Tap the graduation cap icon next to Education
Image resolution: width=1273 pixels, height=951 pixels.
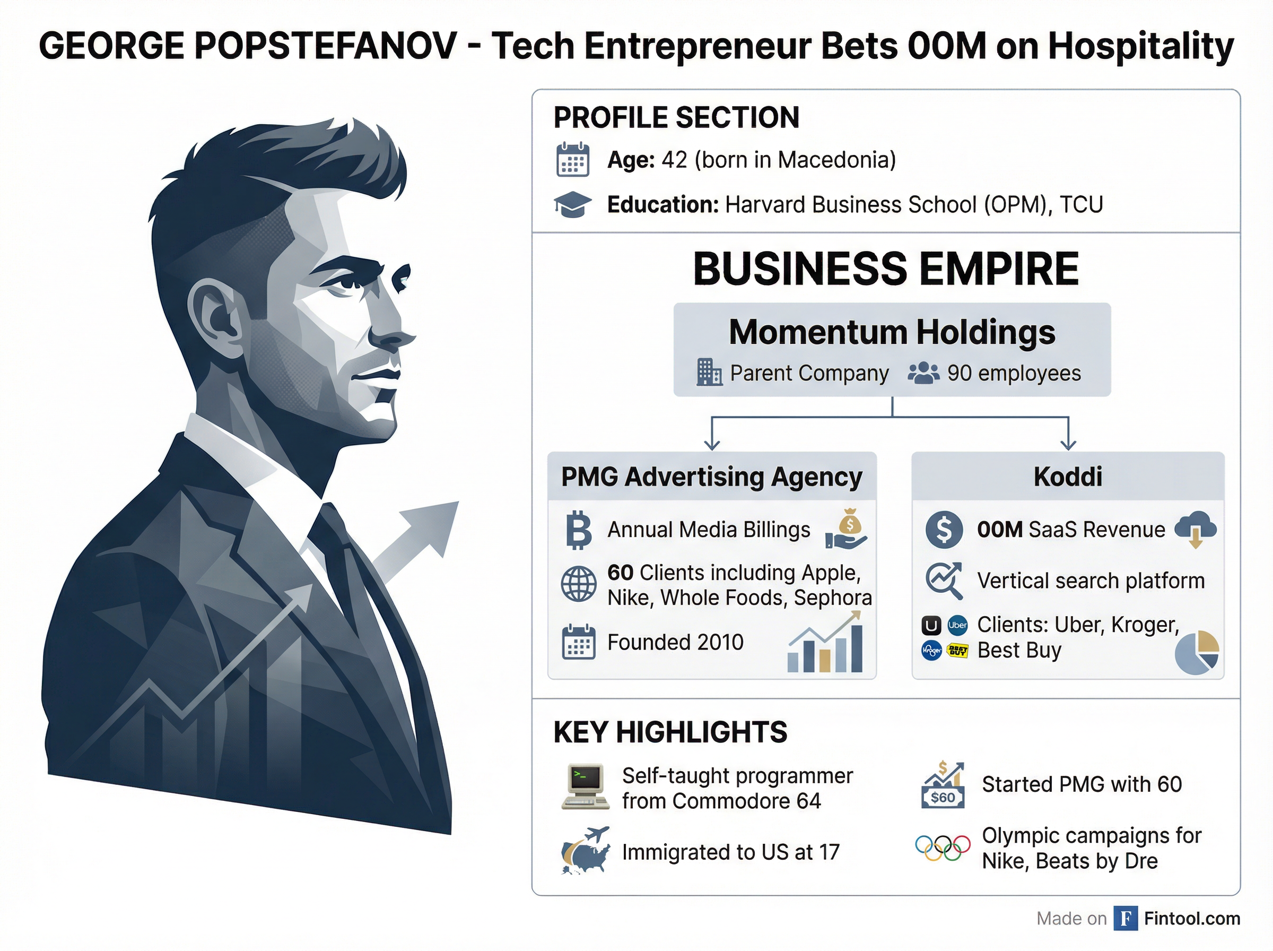click(x=572, y=205)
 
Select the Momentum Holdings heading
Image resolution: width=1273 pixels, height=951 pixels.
click(x=892, y=332)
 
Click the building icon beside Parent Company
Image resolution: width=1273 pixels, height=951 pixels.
click(x=709, y=373)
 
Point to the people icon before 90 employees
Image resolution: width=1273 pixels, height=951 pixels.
click(x=923, y=373)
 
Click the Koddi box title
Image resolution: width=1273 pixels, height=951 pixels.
click(x=1068, y=477)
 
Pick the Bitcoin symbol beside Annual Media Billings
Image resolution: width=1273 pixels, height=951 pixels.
click(x=579, y=530)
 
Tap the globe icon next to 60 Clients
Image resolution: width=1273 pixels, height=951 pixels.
click(x=578, y=584)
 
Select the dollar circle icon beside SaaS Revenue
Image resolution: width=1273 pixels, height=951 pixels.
click(x=944, y=530)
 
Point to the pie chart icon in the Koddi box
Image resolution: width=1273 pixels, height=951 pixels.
click(x=1197, y=652)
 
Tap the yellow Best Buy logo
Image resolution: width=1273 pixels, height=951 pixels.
click(x=957, y=651)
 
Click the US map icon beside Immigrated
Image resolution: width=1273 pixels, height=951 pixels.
click(x=586, y=851)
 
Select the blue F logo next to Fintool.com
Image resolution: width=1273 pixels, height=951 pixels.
click(x=1125, y=919)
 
